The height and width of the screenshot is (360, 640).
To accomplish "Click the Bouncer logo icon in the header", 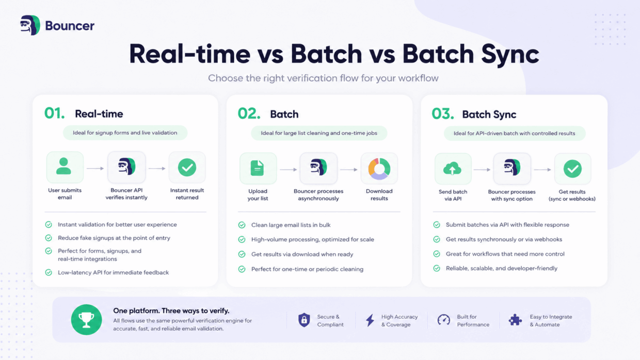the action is [30, 25].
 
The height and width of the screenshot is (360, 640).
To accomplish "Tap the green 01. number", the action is [54, 113].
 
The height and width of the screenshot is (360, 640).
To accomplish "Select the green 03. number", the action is [442, 113].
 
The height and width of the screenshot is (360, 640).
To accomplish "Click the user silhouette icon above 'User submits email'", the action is [63, 166].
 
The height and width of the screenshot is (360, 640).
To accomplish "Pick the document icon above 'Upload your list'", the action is [257, 168].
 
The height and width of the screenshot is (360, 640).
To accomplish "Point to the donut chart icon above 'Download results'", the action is [379, 169].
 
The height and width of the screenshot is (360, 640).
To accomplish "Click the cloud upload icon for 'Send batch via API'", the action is [452, 169].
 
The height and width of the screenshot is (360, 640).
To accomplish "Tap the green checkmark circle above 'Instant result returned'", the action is [187, 167].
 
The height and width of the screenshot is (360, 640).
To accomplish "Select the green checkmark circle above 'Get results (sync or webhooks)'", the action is [572, 169].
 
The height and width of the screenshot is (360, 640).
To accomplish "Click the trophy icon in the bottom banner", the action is [86, 320].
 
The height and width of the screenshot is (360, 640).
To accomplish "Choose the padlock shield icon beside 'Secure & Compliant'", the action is [305, 320].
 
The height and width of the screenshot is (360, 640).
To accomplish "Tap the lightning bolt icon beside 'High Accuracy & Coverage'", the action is [370, 320].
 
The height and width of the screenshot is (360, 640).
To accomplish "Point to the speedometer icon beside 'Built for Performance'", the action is [444, 320].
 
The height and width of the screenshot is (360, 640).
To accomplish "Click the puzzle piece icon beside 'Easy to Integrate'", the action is [516, 320].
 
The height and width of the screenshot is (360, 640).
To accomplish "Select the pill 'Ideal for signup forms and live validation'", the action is [125, 133].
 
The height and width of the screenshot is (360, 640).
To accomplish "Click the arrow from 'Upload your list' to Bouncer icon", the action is [289, 170].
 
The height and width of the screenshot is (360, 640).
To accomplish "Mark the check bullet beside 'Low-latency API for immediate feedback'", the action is [49, 272].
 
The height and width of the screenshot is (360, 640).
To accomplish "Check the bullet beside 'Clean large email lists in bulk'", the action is [242, 225].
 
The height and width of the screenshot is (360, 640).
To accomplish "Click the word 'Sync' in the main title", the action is [510, 54].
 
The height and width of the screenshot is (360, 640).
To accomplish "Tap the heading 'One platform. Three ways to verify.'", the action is [171, 310].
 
